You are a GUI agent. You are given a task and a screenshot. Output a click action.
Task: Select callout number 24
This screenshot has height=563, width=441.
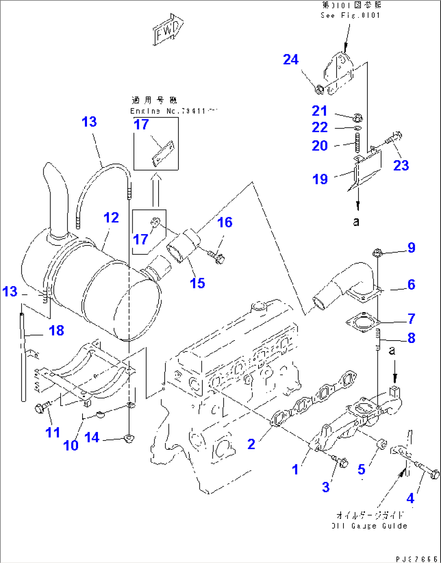[x=290, y=59]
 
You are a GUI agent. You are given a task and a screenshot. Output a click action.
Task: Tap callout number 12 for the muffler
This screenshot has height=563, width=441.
[x=111, y=218]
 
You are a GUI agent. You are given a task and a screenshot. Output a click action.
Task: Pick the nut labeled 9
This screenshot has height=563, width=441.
[x=376, y=253]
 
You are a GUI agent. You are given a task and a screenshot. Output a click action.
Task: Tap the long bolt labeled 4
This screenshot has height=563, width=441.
[x=427, y=471]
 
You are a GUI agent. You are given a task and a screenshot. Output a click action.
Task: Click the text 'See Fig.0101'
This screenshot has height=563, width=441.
[x=350, y=15]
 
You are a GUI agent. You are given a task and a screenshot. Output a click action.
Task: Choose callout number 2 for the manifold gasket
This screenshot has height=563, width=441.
[x=251, y=444]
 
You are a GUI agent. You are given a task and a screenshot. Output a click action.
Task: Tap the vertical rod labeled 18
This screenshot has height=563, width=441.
[x=23, y=356]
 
